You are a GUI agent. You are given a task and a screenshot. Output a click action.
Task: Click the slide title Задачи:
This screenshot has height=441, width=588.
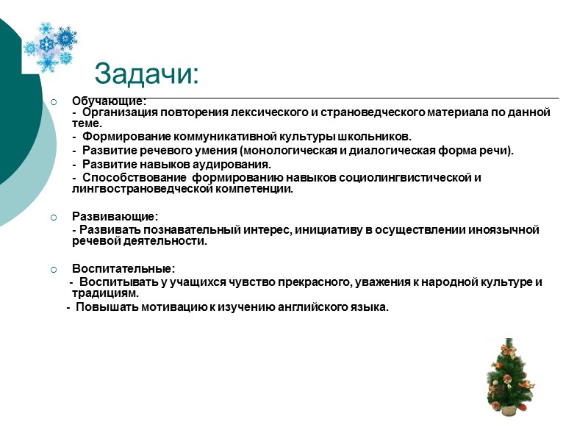click(147, 74)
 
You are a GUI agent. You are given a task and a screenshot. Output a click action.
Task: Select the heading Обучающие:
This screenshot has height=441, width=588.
click(109, 101)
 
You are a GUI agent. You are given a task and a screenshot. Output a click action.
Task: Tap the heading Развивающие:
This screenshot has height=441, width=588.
click(114, 217)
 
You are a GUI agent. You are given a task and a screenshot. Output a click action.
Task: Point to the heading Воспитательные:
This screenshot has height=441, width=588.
click(123, 269)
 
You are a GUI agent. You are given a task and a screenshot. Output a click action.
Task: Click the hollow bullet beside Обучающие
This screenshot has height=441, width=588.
click(53, 101)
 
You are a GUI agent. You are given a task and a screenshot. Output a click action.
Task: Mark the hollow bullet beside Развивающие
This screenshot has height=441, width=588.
click(53, 217)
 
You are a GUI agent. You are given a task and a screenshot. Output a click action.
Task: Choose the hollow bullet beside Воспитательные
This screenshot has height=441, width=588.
click(53, 269)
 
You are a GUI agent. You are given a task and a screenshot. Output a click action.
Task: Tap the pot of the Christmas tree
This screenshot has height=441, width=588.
click(509, 407)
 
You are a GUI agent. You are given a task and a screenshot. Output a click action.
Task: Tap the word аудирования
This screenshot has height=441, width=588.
click(237, 164)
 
